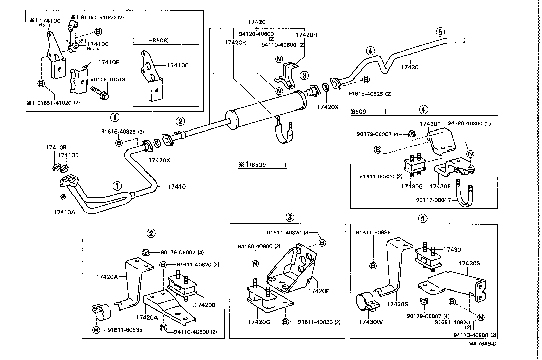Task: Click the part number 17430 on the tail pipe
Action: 410,67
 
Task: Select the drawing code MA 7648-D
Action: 482,343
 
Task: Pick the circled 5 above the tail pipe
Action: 440,32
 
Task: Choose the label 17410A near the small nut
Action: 64,212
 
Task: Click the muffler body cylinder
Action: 264,108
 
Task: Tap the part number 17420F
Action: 318,291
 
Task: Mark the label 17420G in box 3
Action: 258,322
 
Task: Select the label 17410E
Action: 108,62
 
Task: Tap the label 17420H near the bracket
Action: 306,35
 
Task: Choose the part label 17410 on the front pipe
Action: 176,186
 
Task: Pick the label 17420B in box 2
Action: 204,305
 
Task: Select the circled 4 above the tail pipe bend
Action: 370,51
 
